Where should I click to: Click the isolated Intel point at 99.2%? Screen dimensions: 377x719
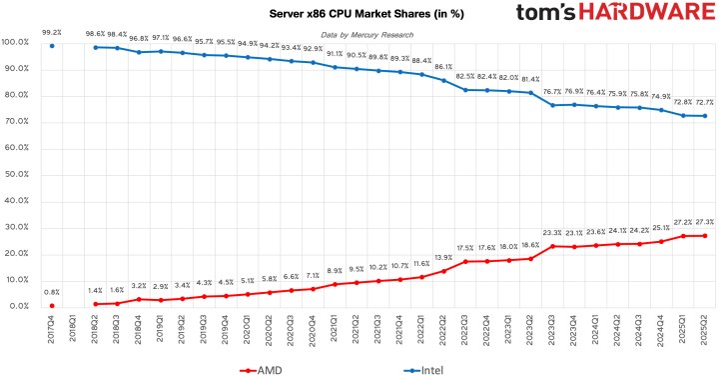(52, 45)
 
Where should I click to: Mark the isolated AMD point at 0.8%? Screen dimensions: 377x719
(52, 304)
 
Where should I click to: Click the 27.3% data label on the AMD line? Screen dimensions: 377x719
(705, 221)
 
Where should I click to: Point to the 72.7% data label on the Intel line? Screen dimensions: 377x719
(705, 102)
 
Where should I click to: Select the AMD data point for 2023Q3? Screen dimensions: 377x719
(552, 245)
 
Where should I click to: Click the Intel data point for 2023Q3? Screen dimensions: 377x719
(552, 105)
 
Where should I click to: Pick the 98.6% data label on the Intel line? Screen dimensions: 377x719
(95, 33)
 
